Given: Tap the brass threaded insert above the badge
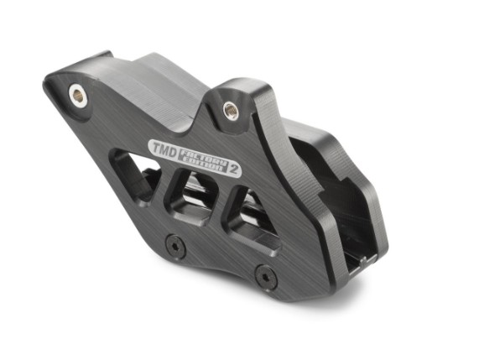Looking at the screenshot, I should (x=230, y=108).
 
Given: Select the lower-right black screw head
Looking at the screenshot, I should (x=265, y=274).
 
